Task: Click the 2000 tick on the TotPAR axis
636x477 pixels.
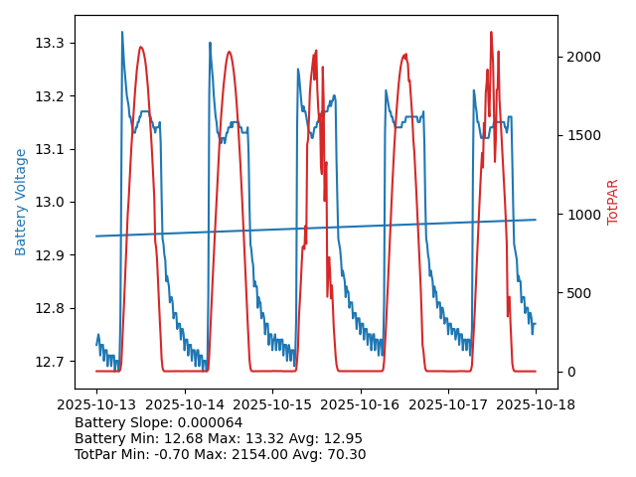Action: [585, 57]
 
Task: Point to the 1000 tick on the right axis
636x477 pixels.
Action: [585, 215]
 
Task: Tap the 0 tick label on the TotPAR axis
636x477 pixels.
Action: [570, 372]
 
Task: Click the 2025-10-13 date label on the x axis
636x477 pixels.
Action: [96, 404]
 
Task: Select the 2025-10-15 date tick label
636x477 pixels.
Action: [272, 404]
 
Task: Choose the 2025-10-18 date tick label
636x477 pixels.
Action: [536, 404]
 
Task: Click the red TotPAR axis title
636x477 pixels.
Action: [612, 202]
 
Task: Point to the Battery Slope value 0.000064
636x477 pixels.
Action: [209, 422]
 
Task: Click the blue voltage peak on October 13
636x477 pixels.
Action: [122, 33]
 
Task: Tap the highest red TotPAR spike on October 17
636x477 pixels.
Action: [491, 33]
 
